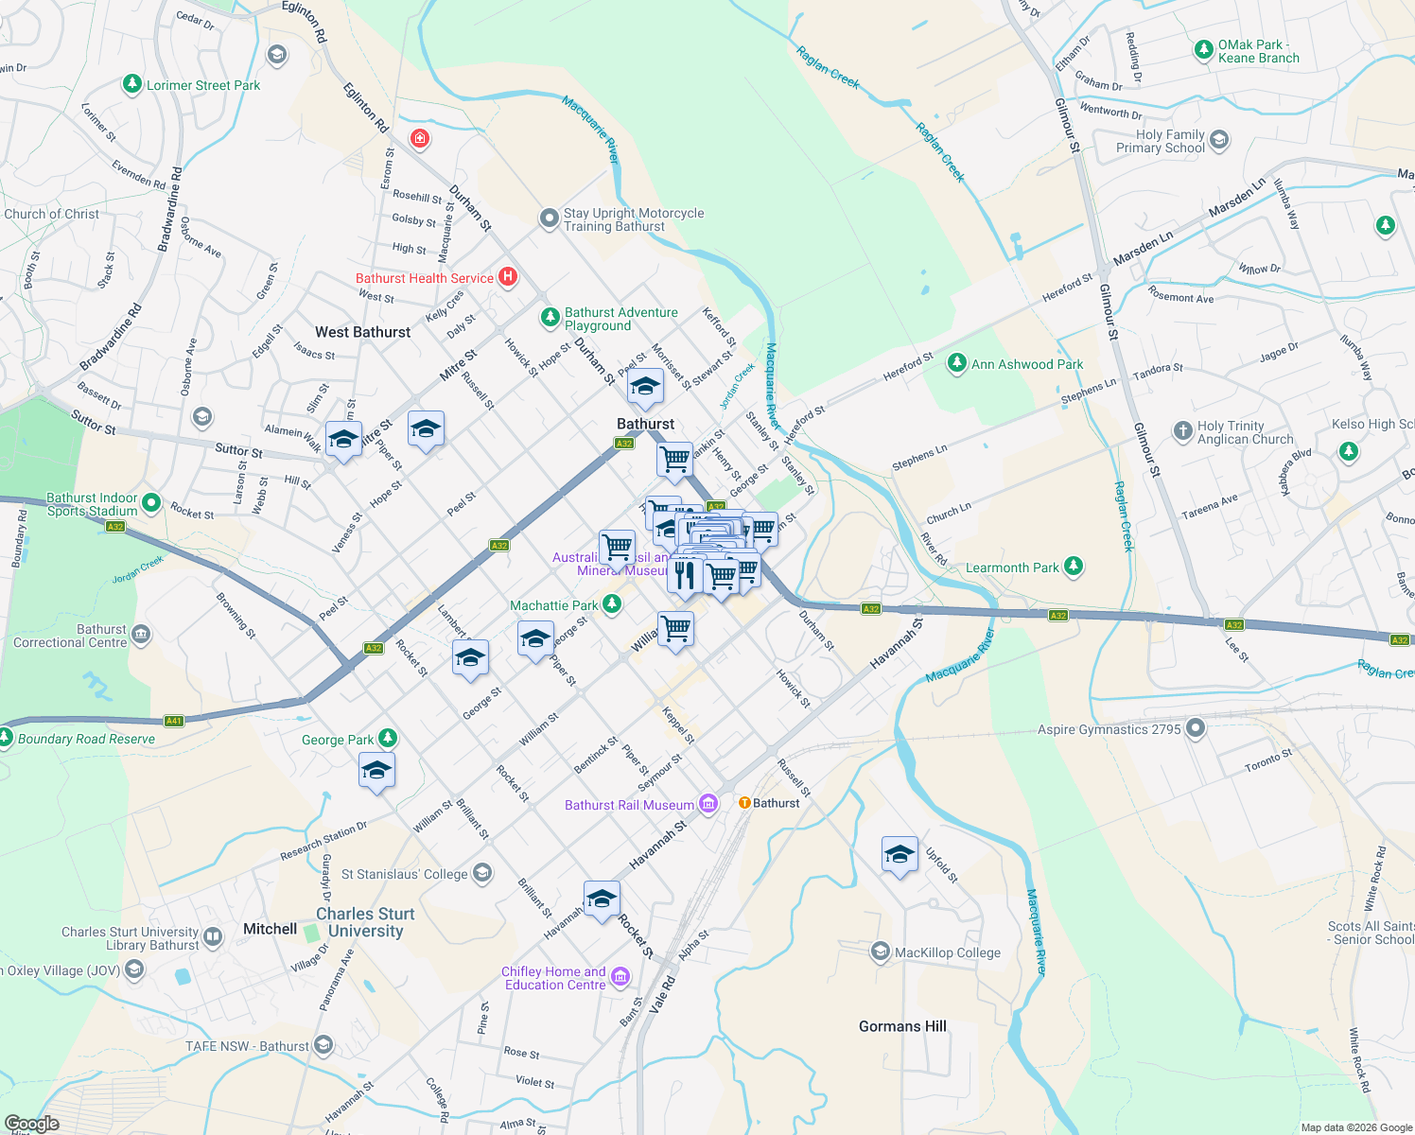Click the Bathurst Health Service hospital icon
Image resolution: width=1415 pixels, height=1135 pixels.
[x=508, y=277]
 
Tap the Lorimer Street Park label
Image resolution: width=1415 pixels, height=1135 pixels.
[x=203, y=85]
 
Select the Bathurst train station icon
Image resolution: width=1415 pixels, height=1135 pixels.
[x=744, y=803]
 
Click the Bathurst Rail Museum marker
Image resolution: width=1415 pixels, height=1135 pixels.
[x=708, y=804]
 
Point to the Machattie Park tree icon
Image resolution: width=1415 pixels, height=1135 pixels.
[x=612, y=603]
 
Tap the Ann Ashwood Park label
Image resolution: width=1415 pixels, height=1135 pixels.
[x=1027, y=364]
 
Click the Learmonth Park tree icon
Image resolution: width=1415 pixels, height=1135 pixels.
[x=1073, y=567]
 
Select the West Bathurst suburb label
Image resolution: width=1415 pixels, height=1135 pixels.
[x=363, y=332]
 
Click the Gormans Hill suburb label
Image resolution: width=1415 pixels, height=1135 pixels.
[x=902, y=1026]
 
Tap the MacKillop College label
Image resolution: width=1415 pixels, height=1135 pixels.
[x=948, y=952]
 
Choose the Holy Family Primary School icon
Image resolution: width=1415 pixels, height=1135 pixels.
[x=1219, y=141]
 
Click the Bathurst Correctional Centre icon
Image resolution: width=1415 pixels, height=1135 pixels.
[x=141, y=634]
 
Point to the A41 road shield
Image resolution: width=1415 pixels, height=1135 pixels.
[x=173, y=721]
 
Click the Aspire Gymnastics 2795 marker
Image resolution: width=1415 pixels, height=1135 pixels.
[x=1196, y=728]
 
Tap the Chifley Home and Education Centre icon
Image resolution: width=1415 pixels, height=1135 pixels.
[x=620, y=977]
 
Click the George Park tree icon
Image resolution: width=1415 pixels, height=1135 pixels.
[x=387, y=739]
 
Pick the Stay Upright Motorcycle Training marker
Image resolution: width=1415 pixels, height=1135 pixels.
[x=549, y=218]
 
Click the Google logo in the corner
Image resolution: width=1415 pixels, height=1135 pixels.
[x=31, y=1124]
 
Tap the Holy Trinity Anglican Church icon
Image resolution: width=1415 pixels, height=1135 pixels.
[x=1182, y=431]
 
